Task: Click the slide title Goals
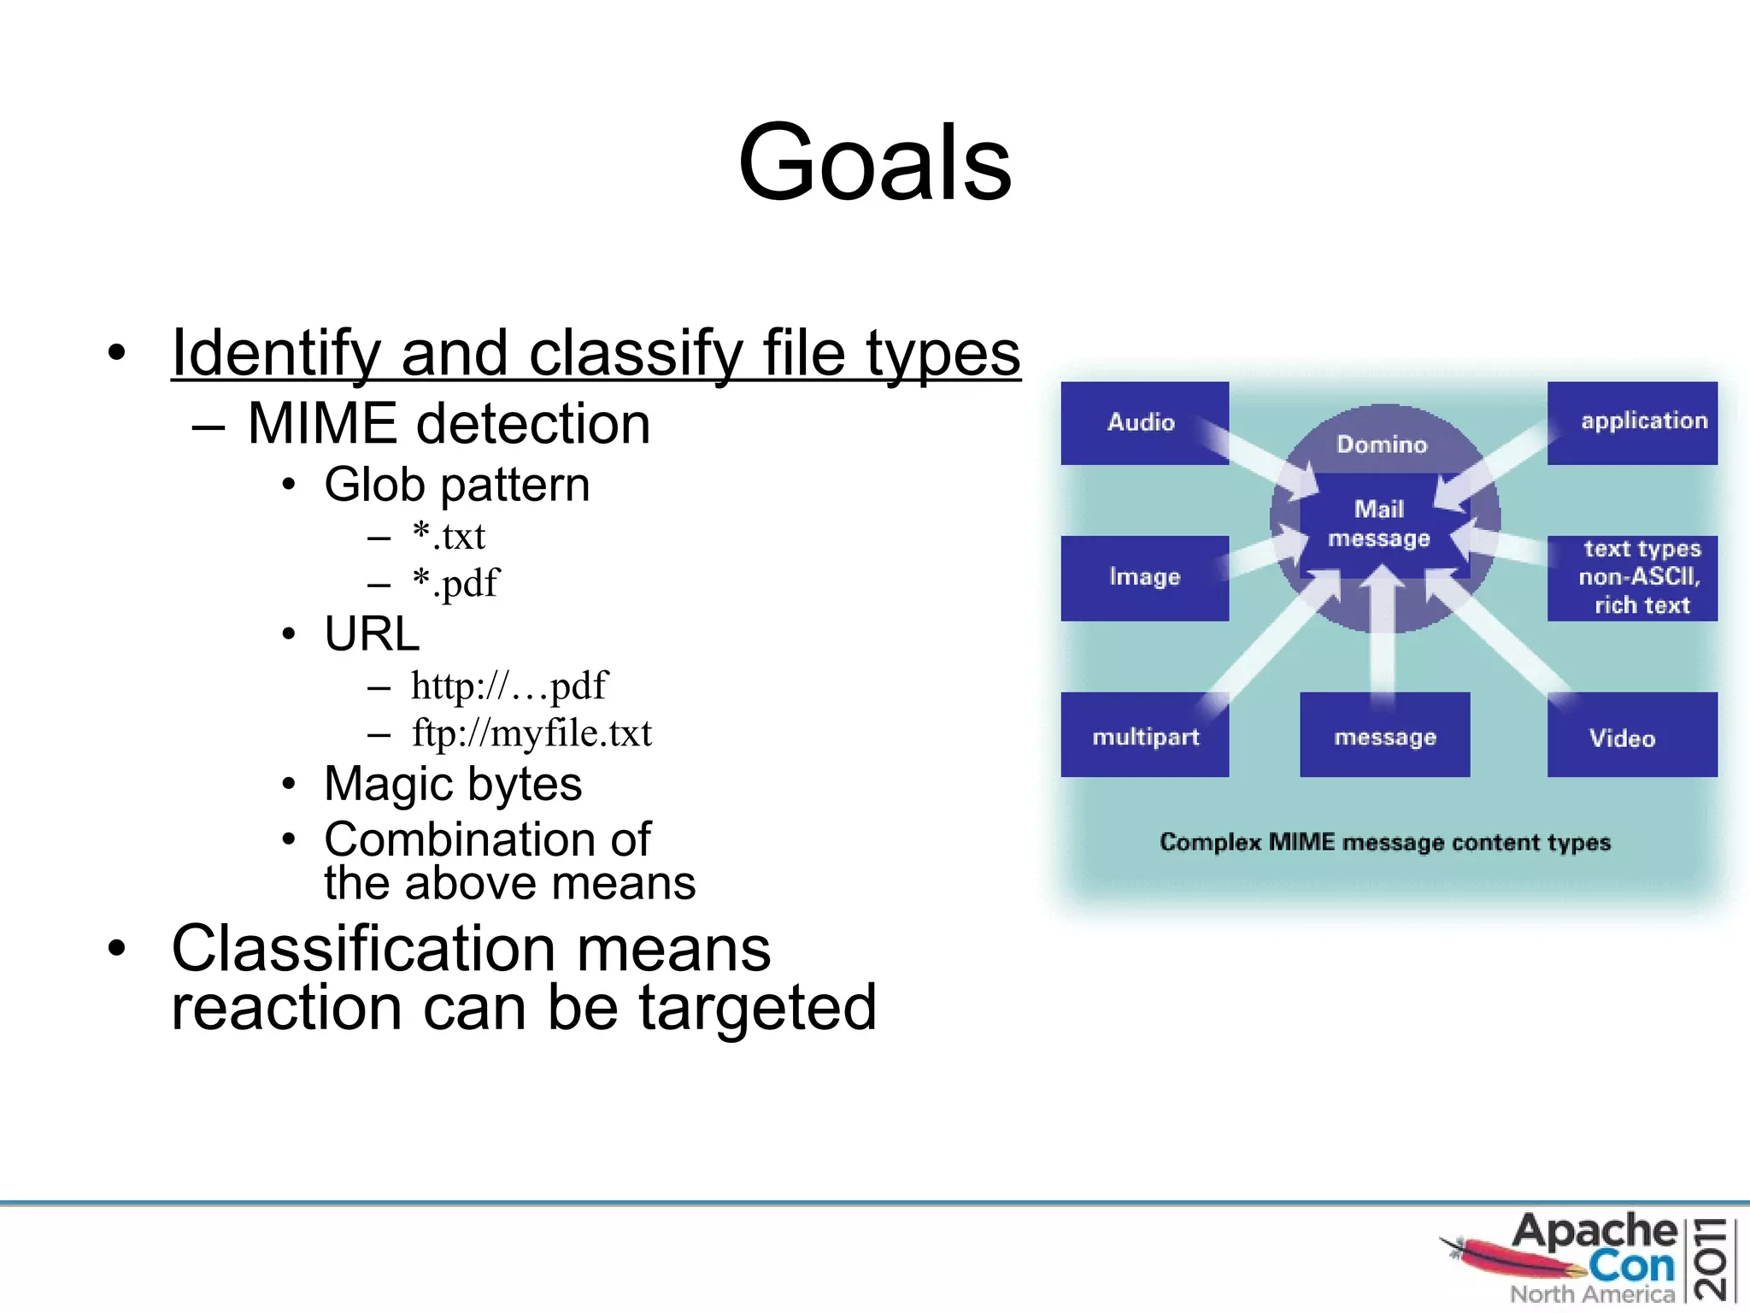pos(875,162)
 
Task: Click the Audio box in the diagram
pos(1143,422)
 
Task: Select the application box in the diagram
pos(1632,422)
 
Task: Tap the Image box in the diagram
pos(1143,577)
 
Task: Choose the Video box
pos(1630,736)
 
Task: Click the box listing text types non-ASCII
pos(1632,577)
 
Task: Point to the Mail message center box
pos(1379,523)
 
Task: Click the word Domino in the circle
pos(1382,445)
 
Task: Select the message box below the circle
pos(1384,735)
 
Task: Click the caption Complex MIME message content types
pos(1384,842)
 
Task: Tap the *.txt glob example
pos(448,537)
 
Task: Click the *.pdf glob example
pos(455,584)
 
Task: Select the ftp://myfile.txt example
pos(531,733)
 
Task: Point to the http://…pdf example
pos(508,686)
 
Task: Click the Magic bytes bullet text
pos(453,784)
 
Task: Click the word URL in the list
pos(372,634)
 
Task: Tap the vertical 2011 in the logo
pos(1711,1258)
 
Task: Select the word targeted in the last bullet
pos(757,1008)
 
